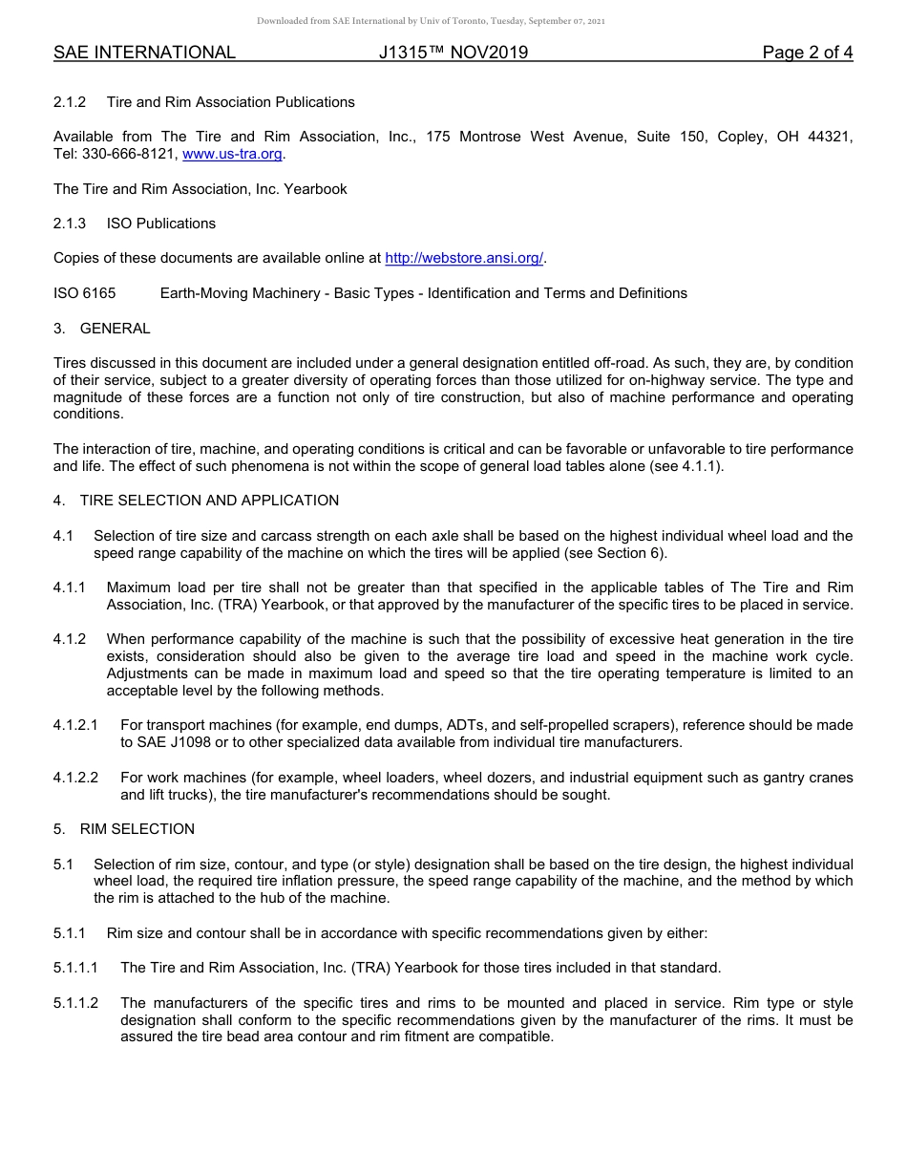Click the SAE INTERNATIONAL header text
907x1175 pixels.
(144, 53)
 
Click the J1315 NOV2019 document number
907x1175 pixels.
(453, 53)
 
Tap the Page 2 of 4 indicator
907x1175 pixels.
(807, 53)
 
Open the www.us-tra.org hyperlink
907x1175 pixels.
(232, 154)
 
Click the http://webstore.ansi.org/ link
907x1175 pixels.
(464, 258)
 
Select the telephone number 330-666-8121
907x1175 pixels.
(129, 154)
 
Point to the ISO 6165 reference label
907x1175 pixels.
(84, 293)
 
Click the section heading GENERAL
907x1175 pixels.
(115, 329)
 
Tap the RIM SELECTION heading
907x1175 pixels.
(137, 829)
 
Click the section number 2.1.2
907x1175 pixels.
(70, 101)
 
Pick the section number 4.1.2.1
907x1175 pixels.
(76, 725)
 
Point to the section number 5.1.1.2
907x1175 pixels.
(76, 1003)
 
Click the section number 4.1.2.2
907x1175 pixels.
(76, 778)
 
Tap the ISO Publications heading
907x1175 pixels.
(160, 224)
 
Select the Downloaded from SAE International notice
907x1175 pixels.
(431, 20)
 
